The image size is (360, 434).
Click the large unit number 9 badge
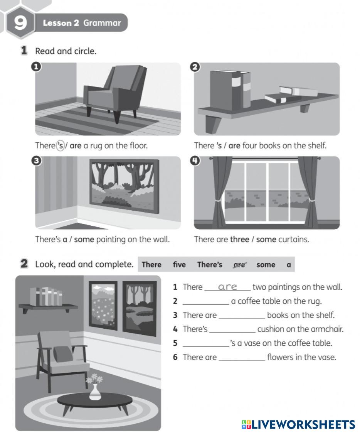(20, 23)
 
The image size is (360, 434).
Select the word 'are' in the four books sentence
(234, 146)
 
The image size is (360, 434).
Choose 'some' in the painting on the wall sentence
(84, 240)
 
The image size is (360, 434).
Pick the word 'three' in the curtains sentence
(239, 240)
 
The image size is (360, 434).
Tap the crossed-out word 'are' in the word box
(240, 265)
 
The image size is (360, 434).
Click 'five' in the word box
(179, 265)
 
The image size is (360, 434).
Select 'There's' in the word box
(210, 265)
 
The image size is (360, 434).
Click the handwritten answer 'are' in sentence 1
(228, 287)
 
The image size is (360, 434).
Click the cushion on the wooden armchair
(63, 353)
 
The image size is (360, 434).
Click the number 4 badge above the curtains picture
(195, 161)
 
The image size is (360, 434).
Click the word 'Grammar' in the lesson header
(102, 23)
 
